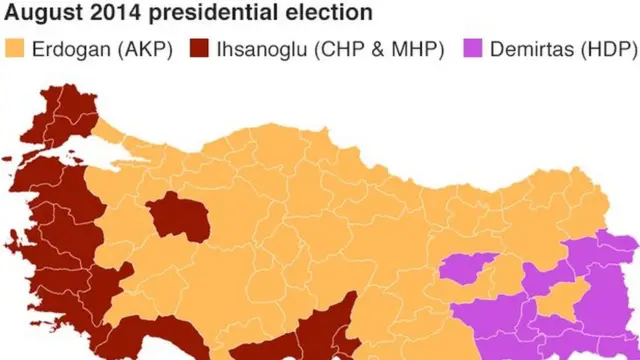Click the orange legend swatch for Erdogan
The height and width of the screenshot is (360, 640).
(15, 49)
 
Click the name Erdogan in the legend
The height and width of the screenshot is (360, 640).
(70, 49)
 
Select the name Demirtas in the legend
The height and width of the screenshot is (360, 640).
(530, 49)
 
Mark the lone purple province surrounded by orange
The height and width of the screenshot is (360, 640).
(468, 268)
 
